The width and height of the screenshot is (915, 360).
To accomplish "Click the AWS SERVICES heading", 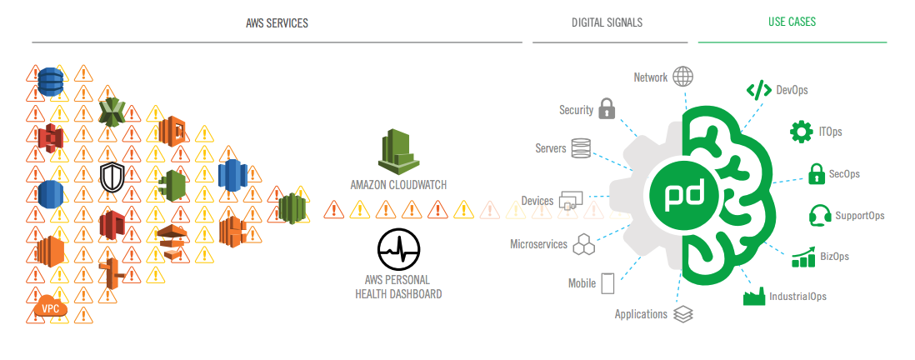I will pyautogui.click(x=277, y=22).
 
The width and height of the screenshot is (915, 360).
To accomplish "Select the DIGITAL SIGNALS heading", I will pyautogui.click(x=607, y=22).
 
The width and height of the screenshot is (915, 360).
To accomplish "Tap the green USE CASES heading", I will pyautogui.click(x=792, y=22).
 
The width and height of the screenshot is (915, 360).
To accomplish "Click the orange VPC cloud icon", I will pyautogui.click(x=49, y=309).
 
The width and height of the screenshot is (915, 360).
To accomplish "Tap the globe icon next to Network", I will pyautogui.click(x=683, y=77).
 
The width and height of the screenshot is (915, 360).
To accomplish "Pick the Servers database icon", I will pyautogui.click(x=581, y=148).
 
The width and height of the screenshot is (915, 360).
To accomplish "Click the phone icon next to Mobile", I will pyautogui.click(x=607, y=283).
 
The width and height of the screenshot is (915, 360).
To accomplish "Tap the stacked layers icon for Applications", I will pyautogui.click(x=683, y=314).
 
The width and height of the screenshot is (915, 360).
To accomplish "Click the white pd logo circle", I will pyautogui.click(x=683, y=194).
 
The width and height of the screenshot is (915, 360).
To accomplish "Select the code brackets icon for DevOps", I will pyautogui.click(x=758, y=90).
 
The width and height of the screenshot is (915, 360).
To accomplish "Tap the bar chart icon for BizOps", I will pyautogui.click(x=803, y=257).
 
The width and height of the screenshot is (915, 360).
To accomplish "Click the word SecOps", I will pyautogui.click(x=844, y=174).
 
